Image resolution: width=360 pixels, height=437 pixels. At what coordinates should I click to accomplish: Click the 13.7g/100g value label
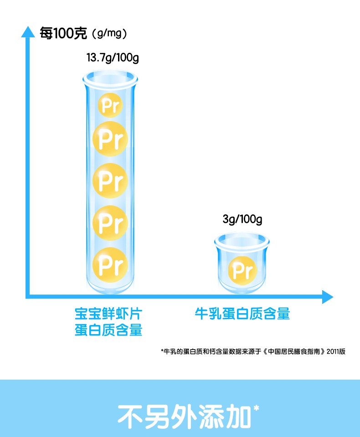pos(113,58)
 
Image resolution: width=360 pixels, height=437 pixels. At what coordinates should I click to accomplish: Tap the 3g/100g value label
pos(242,219)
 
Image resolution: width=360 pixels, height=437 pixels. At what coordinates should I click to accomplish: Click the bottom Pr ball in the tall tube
pos(110,264)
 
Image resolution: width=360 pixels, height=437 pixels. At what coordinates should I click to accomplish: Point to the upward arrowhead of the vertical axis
pos(28,32)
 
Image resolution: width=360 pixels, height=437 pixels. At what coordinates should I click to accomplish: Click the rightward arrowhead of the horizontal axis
pos(328,297)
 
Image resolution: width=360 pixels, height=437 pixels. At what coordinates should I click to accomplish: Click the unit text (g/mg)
pos(109,34)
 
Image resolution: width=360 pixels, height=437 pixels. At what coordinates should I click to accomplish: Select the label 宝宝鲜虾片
pos(108,314)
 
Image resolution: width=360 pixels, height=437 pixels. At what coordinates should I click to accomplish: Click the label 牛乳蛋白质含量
pos(242,314)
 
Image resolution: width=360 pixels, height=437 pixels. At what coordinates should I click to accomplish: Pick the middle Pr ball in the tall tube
pos(110,180)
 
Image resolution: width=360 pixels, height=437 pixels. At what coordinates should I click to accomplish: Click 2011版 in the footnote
pos(336,351)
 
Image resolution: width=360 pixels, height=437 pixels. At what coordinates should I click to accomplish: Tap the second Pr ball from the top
pos(110,139)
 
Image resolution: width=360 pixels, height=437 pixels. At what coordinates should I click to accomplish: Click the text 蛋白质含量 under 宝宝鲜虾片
pos(108,330)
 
